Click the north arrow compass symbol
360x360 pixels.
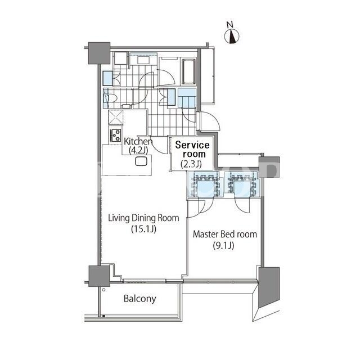[232, 36]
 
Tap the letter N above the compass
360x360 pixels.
[230, 24]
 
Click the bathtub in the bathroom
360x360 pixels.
[189, 71]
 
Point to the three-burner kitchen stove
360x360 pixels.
[115, 135]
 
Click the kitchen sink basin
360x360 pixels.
[141, 161]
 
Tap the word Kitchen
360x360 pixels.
[138, 141]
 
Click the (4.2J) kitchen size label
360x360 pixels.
[138, 150]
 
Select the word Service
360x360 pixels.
[192, 145]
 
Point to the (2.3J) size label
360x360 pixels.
[191, 164]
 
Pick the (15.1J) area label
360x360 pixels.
[144, 229]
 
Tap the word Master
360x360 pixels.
[205, 234]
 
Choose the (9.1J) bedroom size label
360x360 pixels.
[224, 246]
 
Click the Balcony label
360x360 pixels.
[140, 299]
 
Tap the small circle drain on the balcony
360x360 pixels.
[103, 290]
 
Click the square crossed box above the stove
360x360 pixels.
[116, 118]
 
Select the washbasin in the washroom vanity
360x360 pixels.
[143, 60]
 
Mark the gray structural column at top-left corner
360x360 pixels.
[99, 53]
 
